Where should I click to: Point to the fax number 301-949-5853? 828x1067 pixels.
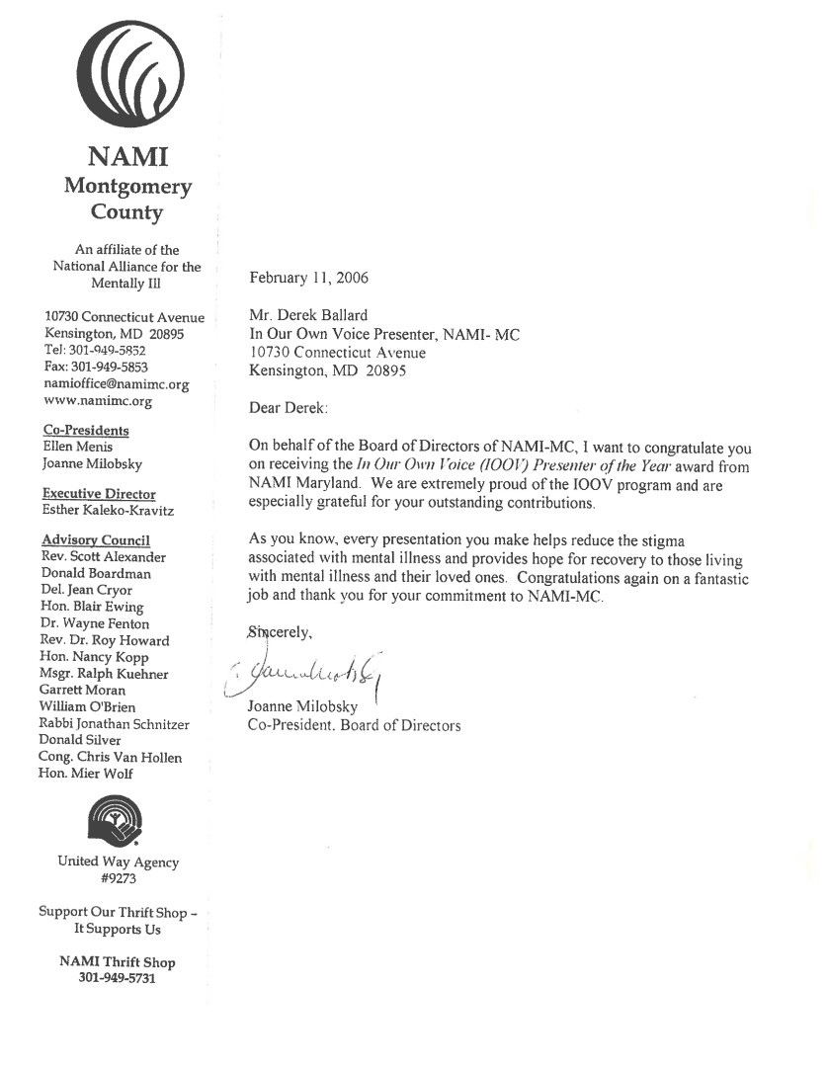coord(96,368)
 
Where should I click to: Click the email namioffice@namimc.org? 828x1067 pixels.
coord(117,384)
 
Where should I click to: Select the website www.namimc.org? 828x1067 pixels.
coord(98,401)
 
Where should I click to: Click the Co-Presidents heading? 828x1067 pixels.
coord(86,430)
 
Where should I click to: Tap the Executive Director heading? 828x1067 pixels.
coord(99,494)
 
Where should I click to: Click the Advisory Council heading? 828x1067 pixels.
coord(96,540)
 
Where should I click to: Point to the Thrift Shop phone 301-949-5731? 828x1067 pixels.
coord(117,979)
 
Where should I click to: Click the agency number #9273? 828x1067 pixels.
coord(118,878)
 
